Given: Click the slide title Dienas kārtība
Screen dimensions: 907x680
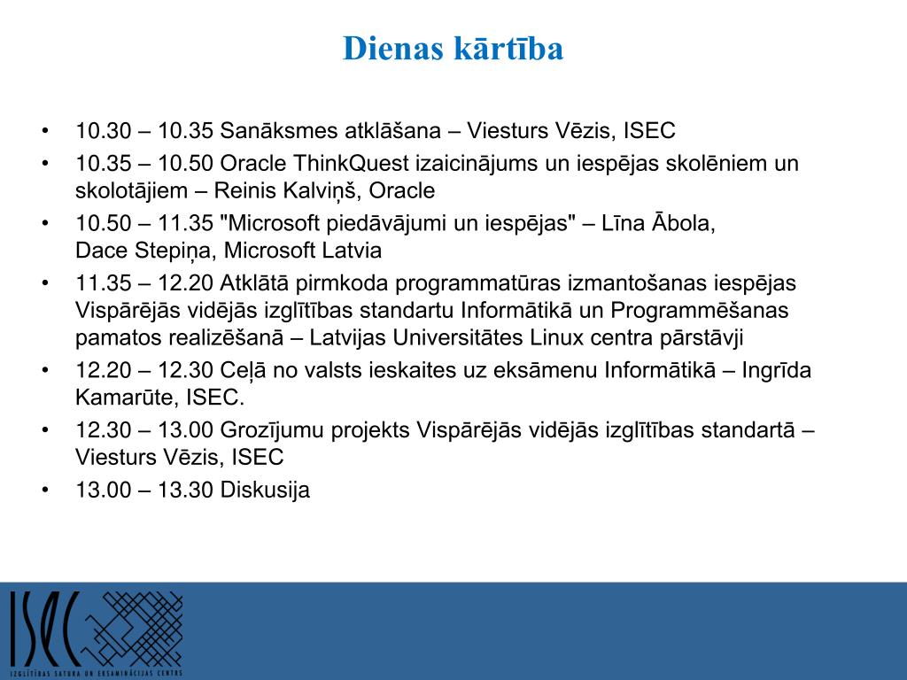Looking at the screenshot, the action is pyautogui.click(x=453, y=48).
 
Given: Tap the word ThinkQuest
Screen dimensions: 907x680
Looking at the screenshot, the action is pyautogui.click(x=351, y=164).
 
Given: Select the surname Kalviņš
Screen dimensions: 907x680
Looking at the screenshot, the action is pyautogui.click(x=314, y=191).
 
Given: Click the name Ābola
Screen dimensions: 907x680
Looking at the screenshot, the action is pyautogui.click(x=685, y=222).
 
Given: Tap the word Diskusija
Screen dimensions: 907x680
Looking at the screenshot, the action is pyautogui.click(x=265, y=490).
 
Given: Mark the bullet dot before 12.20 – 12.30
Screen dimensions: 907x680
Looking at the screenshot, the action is pyautogui.click(x=45, y=370).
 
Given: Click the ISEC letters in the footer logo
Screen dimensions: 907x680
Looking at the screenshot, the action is pyautogui.click(x=44, y=629).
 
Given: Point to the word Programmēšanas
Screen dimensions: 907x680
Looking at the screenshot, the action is pyautogui.click(x=700, y=311).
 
